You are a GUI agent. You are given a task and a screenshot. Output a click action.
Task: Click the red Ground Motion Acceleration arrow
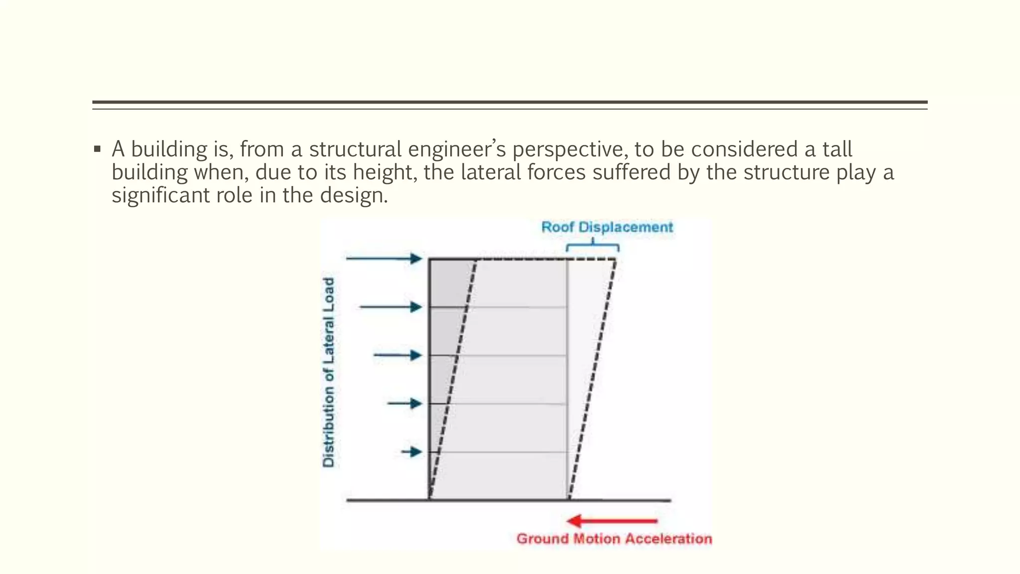tap(612, 521)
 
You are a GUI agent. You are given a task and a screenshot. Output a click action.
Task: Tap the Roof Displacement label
tap(607, 227)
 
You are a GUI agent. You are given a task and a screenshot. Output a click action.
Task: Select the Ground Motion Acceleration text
tap(614, 539)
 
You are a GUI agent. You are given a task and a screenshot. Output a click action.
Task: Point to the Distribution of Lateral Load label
tap(329, 373)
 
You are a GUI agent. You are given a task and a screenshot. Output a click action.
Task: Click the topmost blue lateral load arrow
tap(384, 258)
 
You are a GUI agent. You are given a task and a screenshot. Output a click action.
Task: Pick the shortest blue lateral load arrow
tap(412, 452)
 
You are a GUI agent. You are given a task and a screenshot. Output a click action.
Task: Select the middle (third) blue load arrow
tap(398, 355)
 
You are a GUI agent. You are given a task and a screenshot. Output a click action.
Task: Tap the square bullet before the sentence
tap(97, 149)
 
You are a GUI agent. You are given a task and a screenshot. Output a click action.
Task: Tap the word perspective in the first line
tap(567, 149)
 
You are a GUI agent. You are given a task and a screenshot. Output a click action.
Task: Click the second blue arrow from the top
tap(391, 307)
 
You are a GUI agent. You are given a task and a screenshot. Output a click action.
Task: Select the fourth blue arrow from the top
tap(405, 403)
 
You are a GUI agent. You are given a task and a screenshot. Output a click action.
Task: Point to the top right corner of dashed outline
tap(616, 259)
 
